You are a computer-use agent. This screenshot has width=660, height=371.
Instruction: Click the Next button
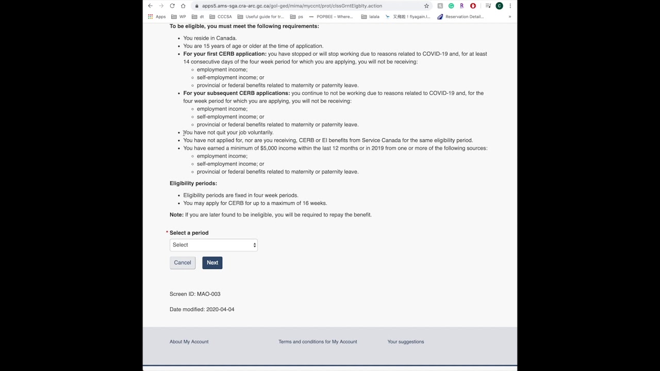coord(212,263)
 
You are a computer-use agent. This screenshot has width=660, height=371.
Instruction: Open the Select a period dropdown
coord(213,245)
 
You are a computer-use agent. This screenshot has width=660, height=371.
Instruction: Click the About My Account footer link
coord(189,342)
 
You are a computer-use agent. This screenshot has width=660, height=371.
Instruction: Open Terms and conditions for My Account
coord(318,342)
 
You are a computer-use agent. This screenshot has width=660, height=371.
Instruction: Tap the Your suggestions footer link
coord(405,342)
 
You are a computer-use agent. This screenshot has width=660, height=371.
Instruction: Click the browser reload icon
coord(172,6)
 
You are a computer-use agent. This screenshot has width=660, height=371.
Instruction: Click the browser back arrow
coord(150,6)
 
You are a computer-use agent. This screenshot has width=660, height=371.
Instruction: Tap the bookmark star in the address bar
coord(426,6)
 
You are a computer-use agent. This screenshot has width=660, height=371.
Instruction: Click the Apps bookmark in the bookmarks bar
coord(157,16)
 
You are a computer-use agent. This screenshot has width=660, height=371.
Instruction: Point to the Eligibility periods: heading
coord(193,183)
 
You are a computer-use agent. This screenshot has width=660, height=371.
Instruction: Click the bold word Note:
coord(176,215)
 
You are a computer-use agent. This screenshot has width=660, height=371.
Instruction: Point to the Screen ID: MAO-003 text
coord(195,294)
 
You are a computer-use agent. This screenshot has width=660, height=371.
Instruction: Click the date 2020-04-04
coord(220,310)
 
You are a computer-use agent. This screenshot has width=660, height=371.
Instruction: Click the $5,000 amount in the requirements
coord(268,148)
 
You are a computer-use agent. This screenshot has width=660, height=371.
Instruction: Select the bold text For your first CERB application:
coord(225,54)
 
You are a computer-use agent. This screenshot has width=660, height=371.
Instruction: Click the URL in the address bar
coord(292,6)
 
